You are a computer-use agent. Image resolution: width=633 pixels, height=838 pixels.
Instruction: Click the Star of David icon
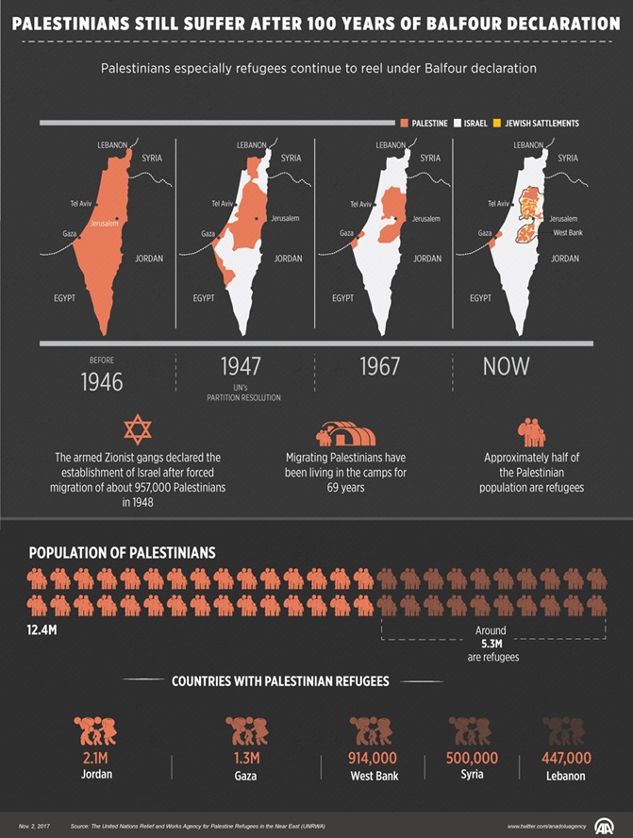tap(138, 429)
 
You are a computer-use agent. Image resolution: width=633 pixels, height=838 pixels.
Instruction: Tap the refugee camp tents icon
tap(345, 433)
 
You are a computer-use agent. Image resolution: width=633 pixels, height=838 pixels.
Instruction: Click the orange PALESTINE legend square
tap(404, 124)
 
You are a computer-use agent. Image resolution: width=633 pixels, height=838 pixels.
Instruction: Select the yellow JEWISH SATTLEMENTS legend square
tap(497, 124)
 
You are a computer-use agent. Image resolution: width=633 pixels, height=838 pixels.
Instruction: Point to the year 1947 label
tap(241, 367)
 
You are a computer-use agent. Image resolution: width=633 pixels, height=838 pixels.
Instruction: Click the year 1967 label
tap(380, 367)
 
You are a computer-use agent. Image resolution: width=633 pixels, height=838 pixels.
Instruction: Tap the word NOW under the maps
tap(506, 366)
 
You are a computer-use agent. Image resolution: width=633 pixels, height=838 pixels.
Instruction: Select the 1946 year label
tap(102, 382)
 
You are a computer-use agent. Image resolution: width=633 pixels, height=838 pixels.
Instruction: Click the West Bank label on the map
tap(568, 232)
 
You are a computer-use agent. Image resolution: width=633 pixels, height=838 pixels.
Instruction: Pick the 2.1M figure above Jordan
tap(95, 758)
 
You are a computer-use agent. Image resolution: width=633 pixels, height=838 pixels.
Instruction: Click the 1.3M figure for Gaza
tap(246, 758)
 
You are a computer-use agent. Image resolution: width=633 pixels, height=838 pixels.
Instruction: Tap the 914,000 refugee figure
tap(373, 758)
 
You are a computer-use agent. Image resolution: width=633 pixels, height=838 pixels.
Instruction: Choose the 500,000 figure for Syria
tap(472, 758)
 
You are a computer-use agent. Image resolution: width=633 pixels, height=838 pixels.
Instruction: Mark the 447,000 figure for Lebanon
tap(566, 758)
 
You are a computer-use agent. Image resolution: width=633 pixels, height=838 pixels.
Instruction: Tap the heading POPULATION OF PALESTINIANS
tap(122, 553)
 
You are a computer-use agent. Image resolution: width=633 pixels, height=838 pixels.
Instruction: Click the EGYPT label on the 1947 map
tap(204, 298)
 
